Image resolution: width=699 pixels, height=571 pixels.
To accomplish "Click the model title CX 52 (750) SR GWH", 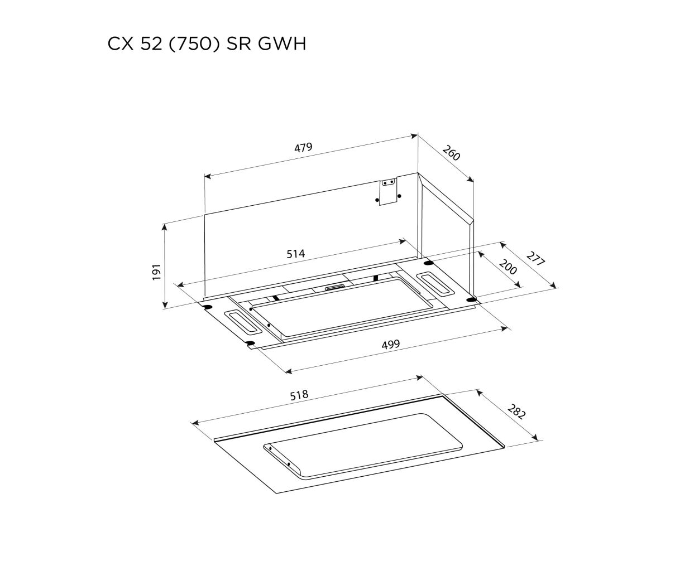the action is (207, 44).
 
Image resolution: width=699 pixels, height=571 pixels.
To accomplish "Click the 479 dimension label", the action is (303, 147).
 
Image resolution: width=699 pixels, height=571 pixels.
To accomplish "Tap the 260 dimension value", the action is (451, 153).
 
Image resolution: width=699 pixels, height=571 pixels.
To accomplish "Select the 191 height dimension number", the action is (156, 272).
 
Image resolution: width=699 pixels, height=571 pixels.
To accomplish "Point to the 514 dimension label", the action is (296, 254).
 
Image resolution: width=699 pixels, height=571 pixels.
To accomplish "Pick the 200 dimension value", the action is (508, 267).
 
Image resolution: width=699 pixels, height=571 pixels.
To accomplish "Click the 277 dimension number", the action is (535, 259).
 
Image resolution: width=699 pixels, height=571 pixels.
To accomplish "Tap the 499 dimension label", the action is (391, 345).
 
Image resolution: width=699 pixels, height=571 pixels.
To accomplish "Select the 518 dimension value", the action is (299, 395).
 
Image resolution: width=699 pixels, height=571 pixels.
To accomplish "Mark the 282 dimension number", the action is (516, 412).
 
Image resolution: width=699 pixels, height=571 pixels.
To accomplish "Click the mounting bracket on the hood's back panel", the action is (388, 192).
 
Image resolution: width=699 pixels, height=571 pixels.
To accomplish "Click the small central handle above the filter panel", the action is (336, 288).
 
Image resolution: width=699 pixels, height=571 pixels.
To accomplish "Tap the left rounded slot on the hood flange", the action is (243, 322).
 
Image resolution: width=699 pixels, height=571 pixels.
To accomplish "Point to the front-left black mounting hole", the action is (250, 342).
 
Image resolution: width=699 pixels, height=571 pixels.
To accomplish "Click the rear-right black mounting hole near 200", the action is (428, 263).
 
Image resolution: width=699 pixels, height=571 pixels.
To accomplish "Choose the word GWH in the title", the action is (282, 44).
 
